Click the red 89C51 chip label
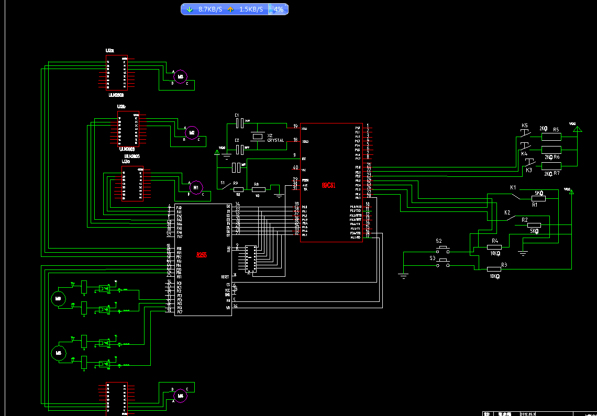[x=328, y=185]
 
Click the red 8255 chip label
[x=202, y=255]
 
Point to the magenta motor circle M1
[x=196, y=186]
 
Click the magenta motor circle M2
[x=192, y=132]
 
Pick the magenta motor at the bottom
[x=180, y=396]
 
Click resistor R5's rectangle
[x=551, y=137]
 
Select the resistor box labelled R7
[x=551, y=166]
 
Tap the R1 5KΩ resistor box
[x=538, y=198]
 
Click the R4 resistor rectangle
[x=494, y=247]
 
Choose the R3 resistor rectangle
[x=494, y=269]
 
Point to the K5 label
[x=525, y=126]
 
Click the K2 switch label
[x=507, y=212]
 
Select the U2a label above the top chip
[x=109, y=51]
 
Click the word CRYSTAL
[x=275, y=141]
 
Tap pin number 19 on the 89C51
[x=295, y=126]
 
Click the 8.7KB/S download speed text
[x=210, y=9]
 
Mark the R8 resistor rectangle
[x=259, y=189]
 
